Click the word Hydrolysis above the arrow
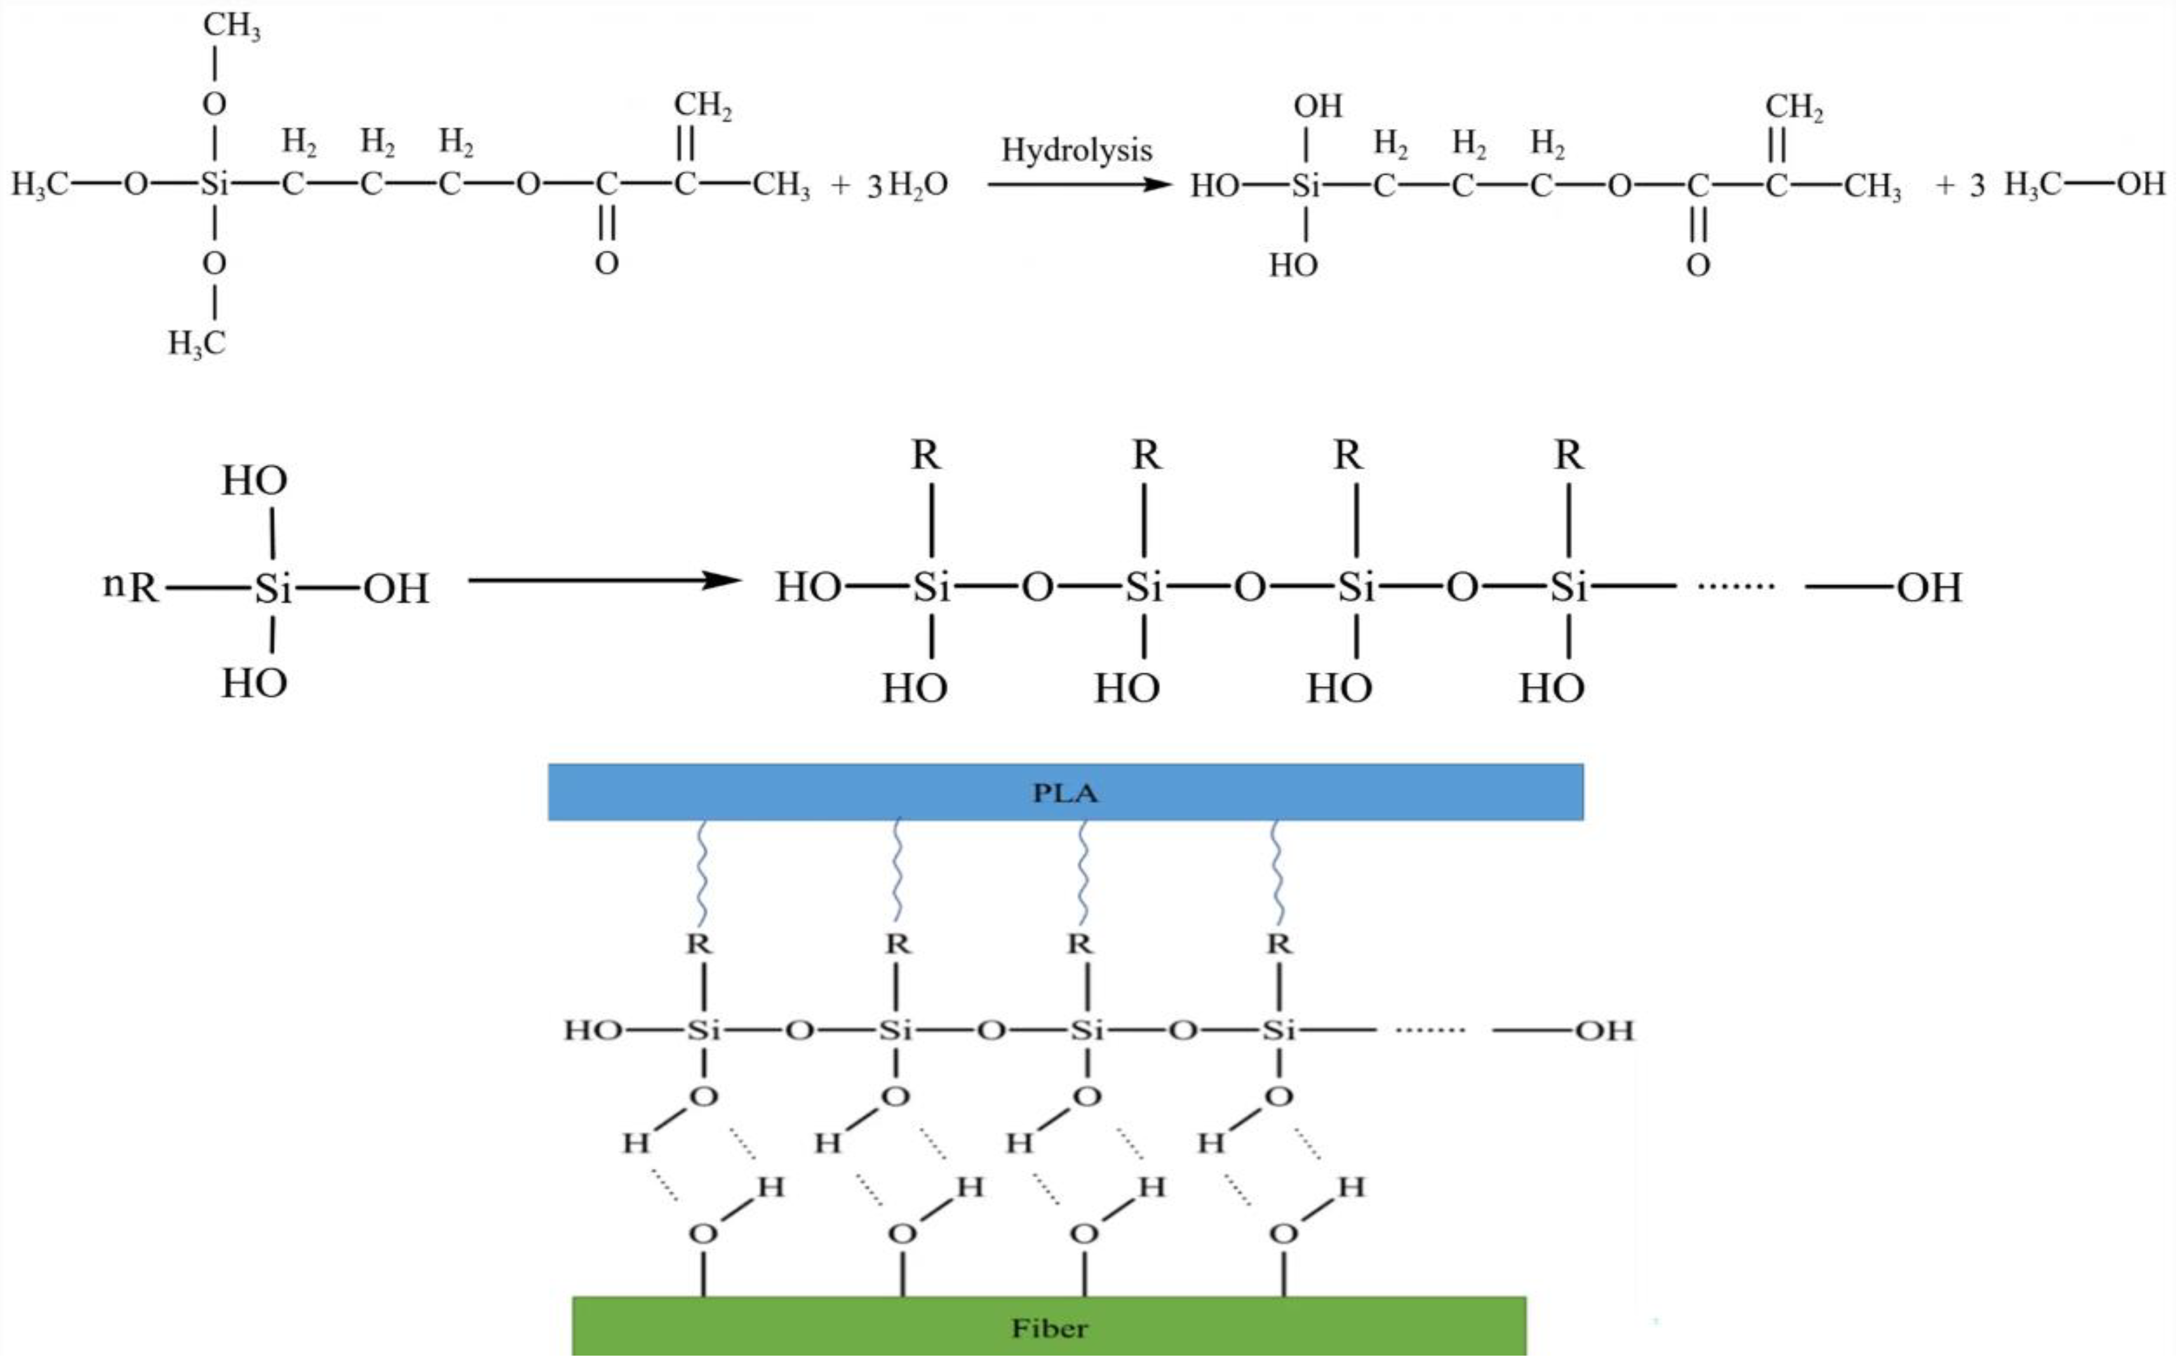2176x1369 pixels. pos(1077,150)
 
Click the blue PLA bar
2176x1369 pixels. pos(1064,792)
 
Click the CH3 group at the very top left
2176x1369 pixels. pos(231,26)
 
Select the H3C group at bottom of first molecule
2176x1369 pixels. pos(196,344)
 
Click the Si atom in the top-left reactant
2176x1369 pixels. pos(214,184)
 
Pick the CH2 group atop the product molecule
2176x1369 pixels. pos(1794,107)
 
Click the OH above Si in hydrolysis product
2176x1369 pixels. pos(1317,107)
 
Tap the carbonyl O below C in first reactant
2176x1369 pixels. pos(607,263)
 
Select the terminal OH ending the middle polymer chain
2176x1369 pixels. pos(1928,588)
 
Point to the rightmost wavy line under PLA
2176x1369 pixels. pos(1276,872)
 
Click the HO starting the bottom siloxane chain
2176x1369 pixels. pos(592,1030)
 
